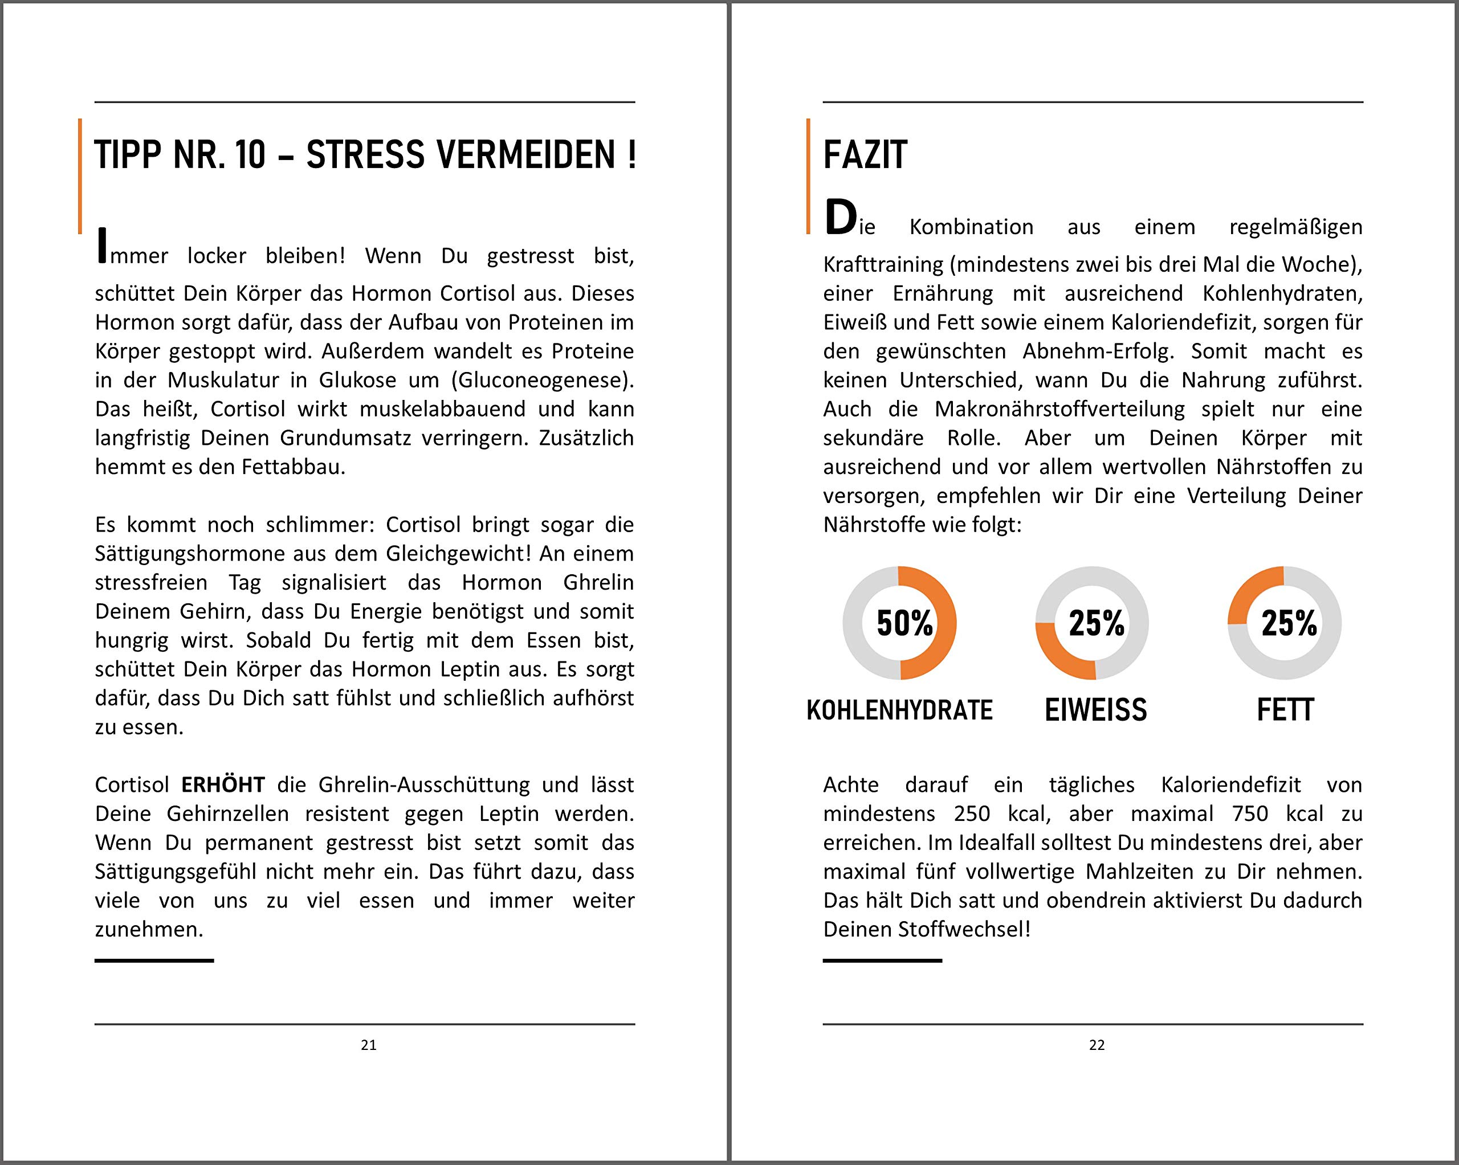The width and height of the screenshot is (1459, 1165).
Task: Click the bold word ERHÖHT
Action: pos(223,785)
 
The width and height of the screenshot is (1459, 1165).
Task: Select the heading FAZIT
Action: pos(865,155)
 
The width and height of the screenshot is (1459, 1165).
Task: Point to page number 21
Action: pos(369,1045)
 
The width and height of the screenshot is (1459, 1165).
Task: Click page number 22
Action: pos(1097,1045)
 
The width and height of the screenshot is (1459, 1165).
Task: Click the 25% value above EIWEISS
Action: pos(1097,623)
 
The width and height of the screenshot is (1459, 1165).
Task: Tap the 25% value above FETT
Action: pos(1289,623)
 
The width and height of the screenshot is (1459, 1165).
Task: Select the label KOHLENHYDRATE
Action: pos(899,710)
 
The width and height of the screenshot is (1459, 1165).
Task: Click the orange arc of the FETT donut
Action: pos(1252,588)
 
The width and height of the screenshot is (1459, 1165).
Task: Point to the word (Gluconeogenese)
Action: pos(543,380)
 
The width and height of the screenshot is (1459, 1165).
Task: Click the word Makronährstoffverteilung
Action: pos(1059,409)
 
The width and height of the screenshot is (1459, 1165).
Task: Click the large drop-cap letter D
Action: pos(841,218)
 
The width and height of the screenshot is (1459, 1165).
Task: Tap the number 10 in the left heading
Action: pos(250,155)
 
